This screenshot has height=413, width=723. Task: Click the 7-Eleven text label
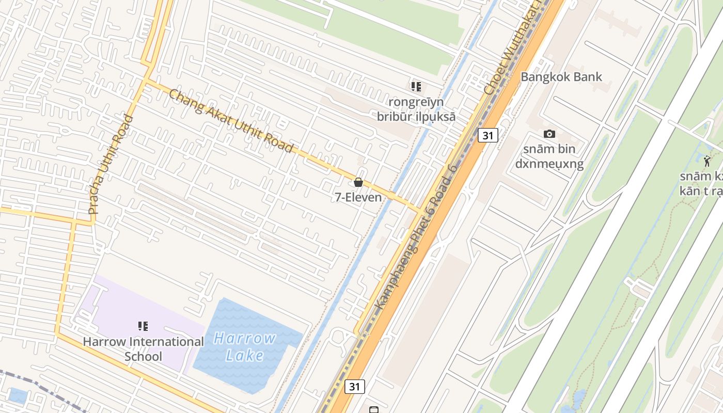[358, 197]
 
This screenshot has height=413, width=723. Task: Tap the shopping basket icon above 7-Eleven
[358, 182]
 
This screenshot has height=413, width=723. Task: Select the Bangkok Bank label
[561, 77]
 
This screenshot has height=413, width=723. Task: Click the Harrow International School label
[144, 349]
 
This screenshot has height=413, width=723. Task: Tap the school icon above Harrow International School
[143, 326]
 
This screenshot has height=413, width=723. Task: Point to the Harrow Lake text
[245, 347]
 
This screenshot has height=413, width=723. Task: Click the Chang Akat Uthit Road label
[231, 121]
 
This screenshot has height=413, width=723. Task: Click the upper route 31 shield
[488, 135]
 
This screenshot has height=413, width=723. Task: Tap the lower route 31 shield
[354, 386]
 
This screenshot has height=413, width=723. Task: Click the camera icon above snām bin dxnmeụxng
[549, 134]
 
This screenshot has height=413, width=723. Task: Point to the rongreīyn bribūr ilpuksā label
[416, 109]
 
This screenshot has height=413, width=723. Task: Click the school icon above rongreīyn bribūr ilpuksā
[416, 86]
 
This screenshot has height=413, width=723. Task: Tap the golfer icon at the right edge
[707, 161]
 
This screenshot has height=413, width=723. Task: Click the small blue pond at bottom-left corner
[18, 396]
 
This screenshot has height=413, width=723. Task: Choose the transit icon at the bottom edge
[374, 410]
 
